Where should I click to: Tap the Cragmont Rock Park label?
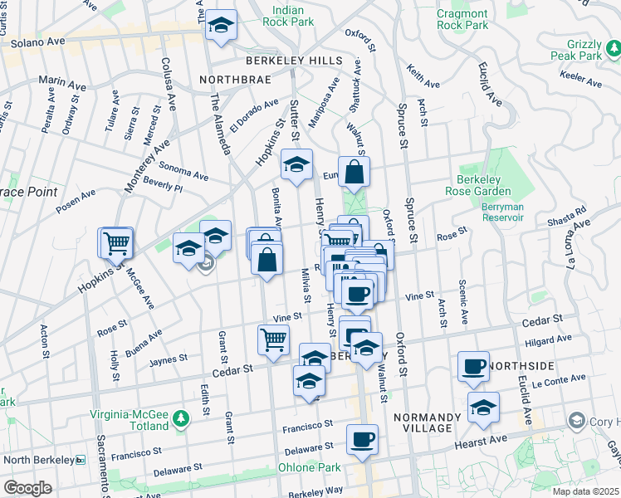click(462, 19)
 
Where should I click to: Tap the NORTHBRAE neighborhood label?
click(237, 81)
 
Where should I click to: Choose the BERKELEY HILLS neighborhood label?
click(293, 61)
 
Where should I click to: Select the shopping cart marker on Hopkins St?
click(116, 242)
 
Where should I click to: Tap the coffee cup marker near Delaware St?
click(361, 440)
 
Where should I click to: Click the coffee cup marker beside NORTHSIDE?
click(474, 366)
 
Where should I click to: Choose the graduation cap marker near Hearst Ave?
click(483, 407)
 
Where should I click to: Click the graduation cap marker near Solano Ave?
click(221, 25)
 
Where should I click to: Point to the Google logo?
click(27, 488)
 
